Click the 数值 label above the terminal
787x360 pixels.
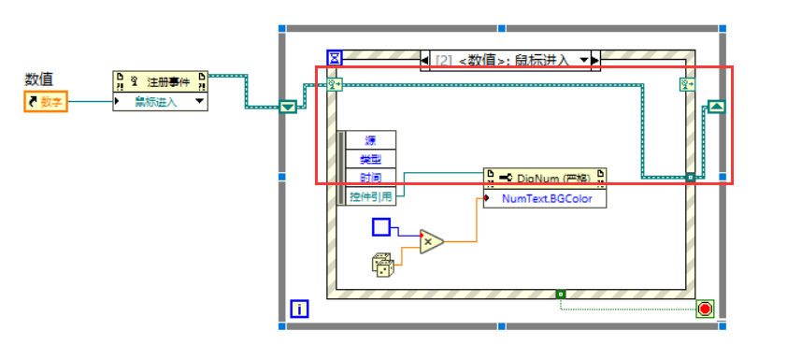coord(39,80)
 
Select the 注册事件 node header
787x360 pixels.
coord(160,80)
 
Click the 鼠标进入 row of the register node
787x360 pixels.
coord(154,101)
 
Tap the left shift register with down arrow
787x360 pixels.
coord(288,107)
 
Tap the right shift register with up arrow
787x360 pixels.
coord(715,107)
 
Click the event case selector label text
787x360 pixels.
coord(505,61)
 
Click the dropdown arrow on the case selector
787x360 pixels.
coord(584,61)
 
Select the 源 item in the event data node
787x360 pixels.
coord(371,140)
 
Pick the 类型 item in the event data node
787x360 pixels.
coord(371,159)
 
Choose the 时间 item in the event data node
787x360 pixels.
coord(371,178)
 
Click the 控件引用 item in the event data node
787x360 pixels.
coord(371,196)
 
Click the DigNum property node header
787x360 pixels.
coord(544,178)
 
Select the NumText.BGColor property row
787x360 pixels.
coord(546,198)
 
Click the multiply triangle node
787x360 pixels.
coord(431,242)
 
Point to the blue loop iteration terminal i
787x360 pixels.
coord(299,308)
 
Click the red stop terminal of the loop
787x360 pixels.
coord(705,308)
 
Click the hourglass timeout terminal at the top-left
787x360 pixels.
coord(334,59)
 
